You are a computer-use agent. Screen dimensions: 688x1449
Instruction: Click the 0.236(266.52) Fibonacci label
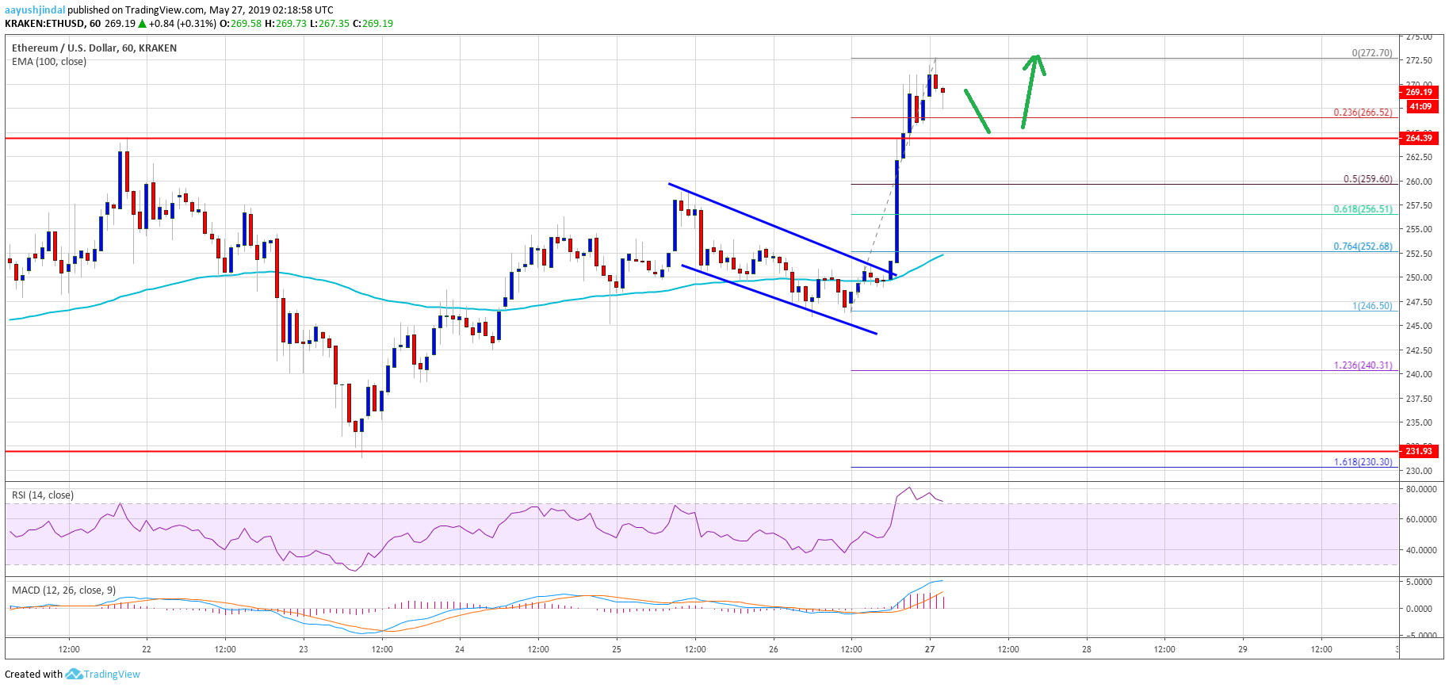(1363, 113)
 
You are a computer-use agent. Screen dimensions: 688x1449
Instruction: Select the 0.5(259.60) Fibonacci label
(1367, 179)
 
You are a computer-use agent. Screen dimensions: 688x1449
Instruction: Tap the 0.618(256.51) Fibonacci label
(1363, 209)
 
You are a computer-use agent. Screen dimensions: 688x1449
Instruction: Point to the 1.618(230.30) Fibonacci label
(1363, 462)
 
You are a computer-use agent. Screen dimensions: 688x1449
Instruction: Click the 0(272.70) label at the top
(1371, 53)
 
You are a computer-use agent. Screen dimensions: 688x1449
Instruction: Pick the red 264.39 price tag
(1418, 138)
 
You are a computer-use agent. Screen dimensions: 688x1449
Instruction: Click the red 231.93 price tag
(1418, 451)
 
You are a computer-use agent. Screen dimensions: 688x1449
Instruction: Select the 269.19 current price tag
(1418, 92)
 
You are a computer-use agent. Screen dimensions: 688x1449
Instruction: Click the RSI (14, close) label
(43, 495)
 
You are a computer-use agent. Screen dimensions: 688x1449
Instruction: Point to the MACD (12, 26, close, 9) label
(63, 591)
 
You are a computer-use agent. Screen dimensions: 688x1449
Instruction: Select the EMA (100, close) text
(49, 62)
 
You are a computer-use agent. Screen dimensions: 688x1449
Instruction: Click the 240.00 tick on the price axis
(1418, 374)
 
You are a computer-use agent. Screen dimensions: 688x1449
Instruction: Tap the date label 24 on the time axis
(460, 649)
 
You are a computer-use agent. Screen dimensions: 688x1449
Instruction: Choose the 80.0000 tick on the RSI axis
(1420, 490)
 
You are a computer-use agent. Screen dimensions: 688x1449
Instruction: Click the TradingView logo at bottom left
(102, 675)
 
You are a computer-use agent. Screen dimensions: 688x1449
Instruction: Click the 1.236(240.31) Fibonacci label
(1363, 365)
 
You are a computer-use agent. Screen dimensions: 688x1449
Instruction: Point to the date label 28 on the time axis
(1087, 649)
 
